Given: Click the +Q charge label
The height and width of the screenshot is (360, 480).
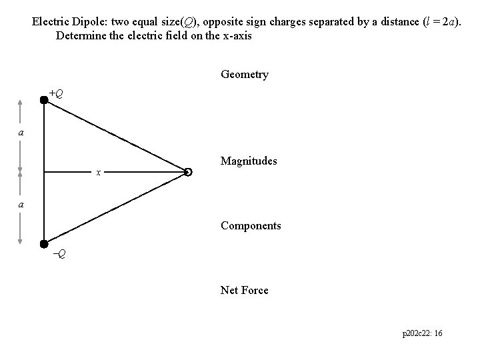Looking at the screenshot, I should (57, 93).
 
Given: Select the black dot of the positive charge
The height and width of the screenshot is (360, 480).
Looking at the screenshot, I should (44, 101).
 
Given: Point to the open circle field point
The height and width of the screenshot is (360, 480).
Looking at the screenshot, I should (188, 173).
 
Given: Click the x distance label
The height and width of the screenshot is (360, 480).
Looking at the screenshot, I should (98, 173).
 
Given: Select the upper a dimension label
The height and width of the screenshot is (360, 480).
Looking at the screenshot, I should (21, 133).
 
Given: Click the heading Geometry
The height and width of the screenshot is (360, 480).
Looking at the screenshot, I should (244, 75).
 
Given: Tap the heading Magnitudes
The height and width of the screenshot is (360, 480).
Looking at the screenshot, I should (249, 161).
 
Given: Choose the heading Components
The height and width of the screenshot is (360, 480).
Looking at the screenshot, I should (251, 226).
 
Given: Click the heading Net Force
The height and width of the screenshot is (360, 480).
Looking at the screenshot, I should (244, 290).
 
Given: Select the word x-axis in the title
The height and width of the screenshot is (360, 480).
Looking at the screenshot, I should (234, 35).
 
